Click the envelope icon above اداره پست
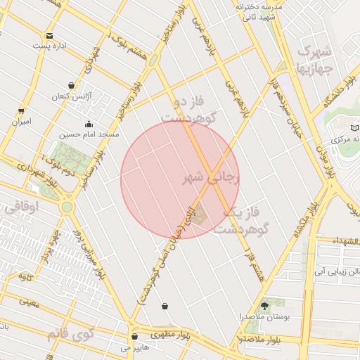point(49,36)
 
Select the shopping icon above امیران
point(21,110)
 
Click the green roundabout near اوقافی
point(67,207)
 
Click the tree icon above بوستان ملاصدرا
point(264,306)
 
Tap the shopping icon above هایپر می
point(134,336)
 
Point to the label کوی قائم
point(70,333)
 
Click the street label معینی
point(29,303)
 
